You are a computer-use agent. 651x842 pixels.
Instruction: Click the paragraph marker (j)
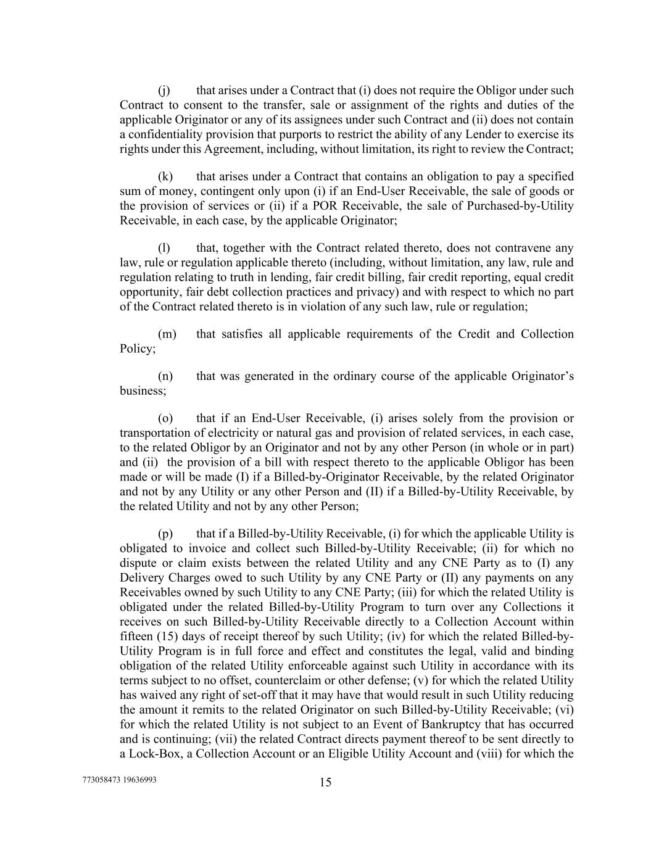point(164,90)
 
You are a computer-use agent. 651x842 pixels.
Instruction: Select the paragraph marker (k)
point(165,176)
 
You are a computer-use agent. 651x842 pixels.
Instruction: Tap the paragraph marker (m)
point(167,334)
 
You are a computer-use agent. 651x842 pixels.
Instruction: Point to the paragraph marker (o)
point(165,418)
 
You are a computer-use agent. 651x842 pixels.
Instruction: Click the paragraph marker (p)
point(165,534)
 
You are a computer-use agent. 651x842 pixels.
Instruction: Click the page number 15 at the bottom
point(326,783)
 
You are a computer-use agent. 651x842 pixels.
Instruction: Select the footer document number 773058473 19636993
point(119,780)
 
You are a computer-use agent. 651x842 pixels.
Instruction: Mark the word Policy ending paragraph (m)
point(136,349)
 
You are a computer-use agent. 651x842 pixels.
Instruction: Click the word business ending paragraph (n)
point(141,391)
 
